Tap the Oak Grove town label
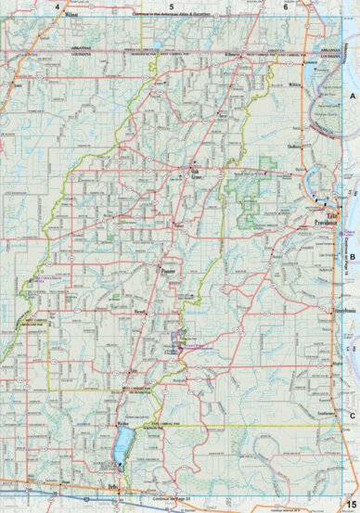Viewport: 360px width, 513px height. tap(196, 174)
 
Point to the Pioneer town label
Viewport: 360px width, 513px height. tap(168, 272)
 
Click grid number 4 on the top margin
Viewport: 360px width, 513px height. tap(58, 6)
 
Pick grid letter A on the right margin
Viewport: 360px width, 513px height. tap(352, 96)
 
